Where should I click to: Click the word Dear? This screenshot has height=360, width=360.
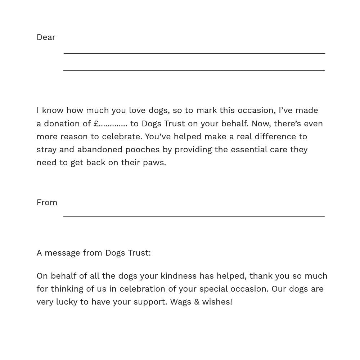click(46, 37)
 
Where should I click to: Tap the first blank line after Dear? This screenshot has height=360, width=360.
click(194, 53)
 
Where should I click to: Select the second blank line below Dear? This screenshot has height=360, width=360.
click(194, 70)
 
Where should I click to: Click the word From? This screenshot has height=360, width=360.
click(47, 203)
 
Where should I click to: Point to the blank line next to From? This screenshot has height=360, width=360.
click(194, 216)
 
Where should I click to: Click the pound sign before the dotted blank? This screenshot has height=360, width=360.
click(96, 123)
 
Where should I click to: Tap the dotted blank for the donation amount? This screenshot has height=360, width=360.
click(113, 125)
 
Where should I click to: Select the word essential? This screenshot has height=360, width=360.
click(249, 150)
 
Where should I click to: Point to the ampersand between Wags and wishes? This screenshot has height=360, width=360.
click(197, 302)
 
